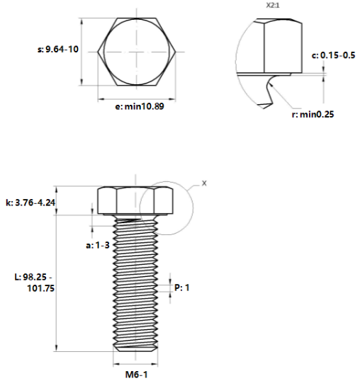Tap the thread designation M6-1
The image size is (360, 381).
135,374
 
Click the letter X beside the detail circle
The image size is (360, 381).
205,183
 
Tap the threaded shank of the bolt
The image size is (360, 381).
135,283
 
